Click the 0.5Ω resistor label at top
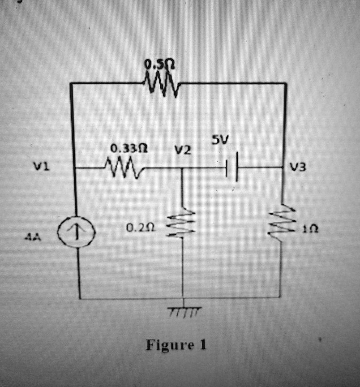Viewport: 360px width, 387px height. coord(159,65)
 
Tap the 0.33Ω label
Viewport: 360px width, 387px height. coord(130,147)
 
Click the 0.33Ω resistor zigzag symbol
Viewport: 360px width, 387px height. coord(124,168)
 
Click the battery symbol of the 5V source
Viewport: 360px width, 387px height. coord(232,169)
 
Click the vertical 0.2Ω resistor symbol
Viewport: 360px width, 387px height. coord(182,224)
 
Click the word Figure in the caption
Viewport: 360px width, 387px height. coord(167,345)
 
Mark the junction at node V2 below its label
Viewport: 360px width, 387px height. coord(182,169)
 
